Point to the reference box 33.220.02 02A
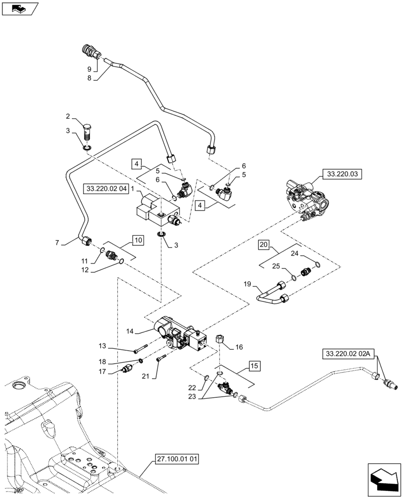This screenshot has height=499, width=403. (347, 354)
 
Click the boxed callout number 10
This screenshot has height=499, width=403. (138, 240)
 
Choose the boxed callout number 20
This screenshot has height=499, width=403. (264, 245)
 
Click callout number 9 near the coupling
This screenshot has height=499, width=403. (89, 68)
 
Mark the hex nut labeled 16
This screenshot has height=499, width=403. (219, 341)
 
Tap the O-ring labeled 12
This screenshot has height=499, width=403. (121, 261)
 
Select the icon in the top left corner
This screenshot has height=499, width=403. (19, 8)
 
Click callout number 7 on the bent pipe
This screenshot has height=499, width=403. (58, 243)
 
